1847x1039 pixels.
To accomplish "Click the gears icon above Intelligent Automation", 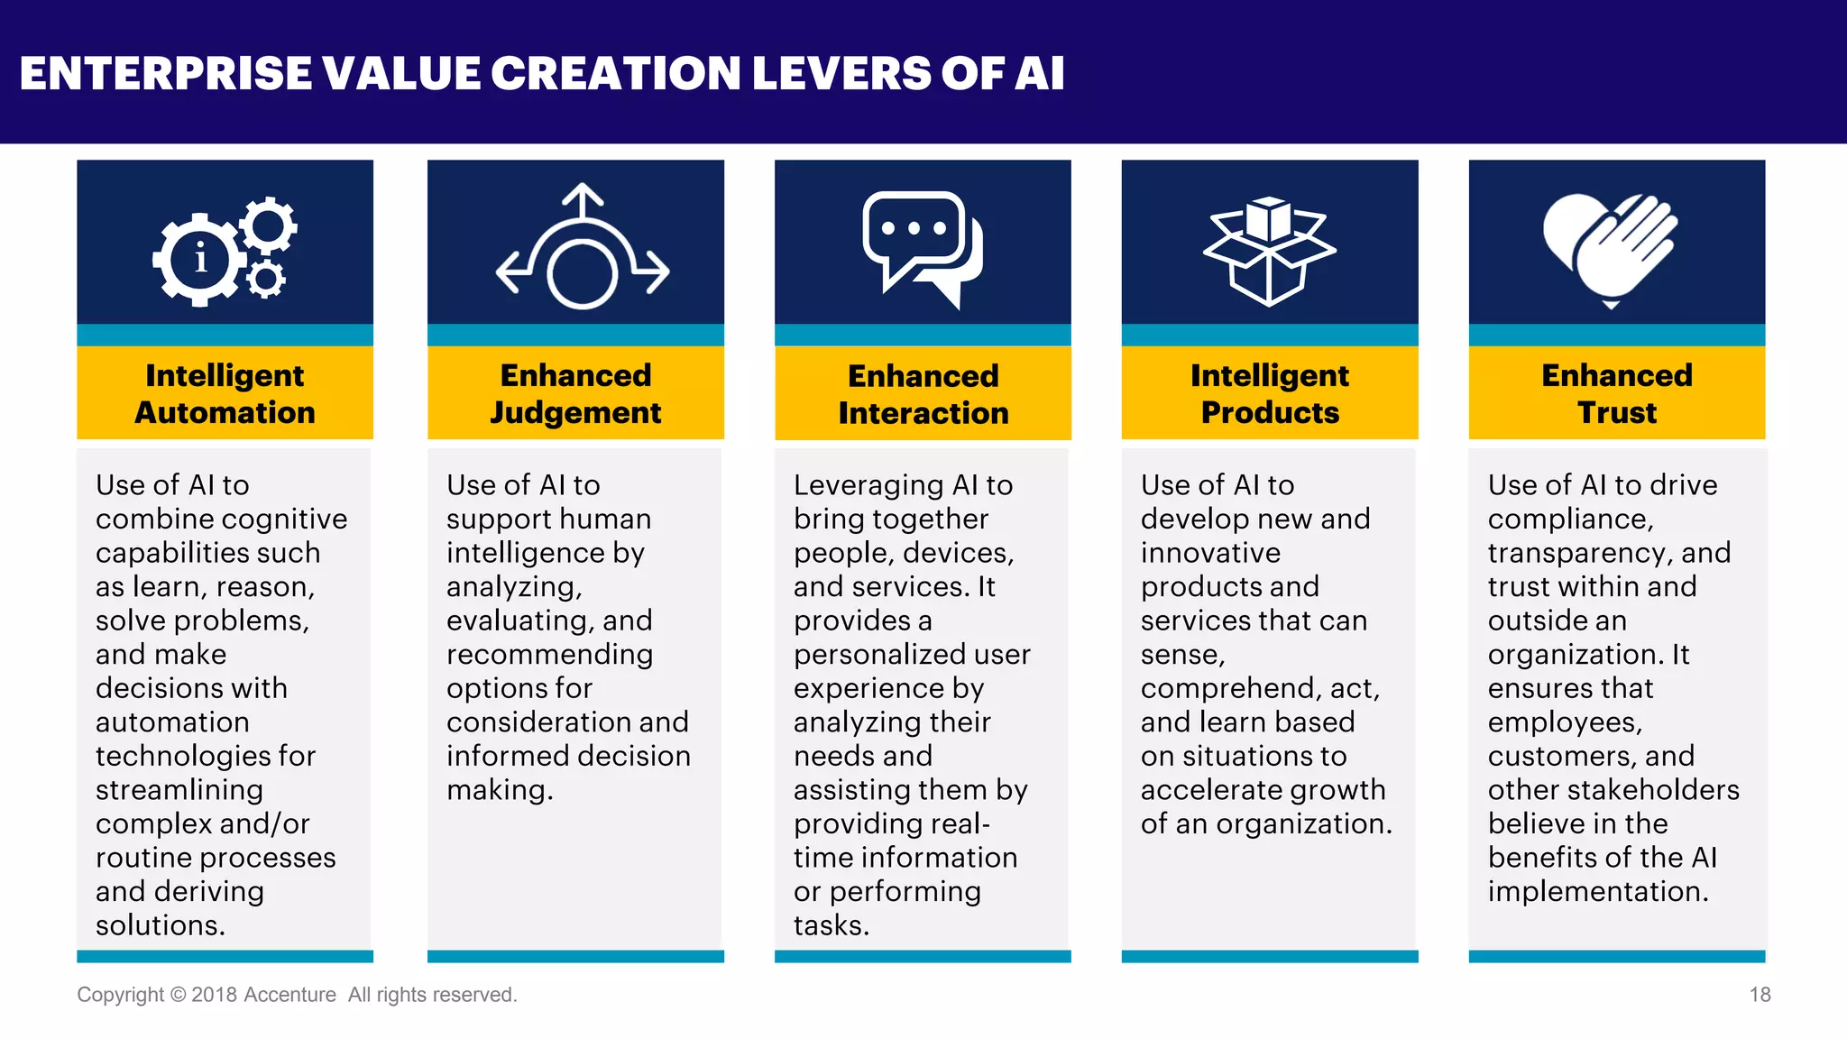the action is pos(225,252).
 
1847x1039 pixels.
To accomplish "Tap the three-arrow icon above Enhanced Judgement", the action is pos(583,248).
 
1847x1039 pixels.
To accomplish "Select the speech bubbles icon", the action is pos(922,249).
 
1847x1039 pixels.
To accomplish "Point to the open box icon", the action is pos(1269,251).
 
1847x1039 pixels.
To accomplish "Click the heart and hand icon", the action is pos(1611,250).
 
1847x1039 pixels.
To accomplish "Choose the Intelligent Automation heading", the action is pos(225,393).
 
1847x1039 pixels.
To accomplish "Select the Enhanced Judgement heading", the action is pos(575,393).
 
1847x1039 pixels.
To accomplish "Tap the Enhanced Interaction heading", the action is pos(923,394).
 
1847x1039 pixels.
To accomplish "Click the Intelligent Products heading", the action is pos(1270,393).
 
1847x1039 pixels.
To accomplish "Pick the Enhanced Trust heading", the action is pos(1617,393).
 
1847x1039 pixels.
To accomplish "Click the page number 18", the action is pos(1760,995).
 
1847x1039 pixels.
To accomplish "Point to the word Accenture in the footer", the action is pos(289,995).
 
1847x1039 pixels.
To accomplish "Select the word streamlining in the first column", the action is pos(179,790).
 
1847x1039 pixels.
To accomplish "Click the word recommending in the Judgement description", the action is pos(549,655).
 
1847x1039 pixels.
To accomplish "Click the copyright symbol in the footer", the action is pos(178,995).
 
